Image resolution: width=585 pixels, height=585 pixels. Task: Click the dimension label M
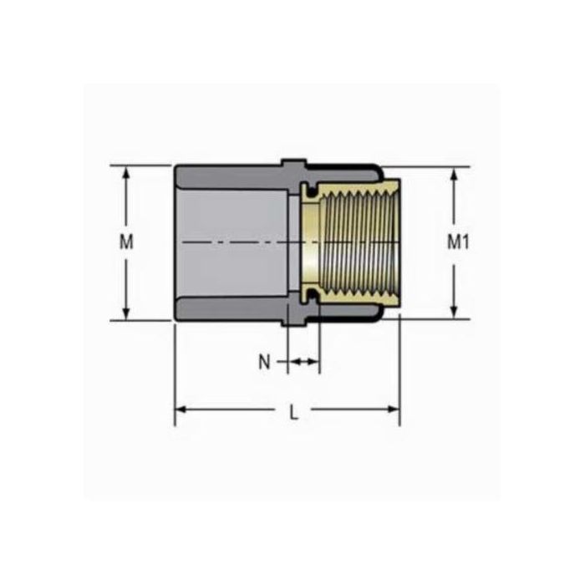pos(126,242)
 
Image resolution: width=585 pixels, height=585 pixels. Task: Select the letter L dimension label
pos(292,410)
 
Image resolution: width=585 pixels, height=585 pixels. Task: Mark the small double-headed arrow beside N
pos(303,362)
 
